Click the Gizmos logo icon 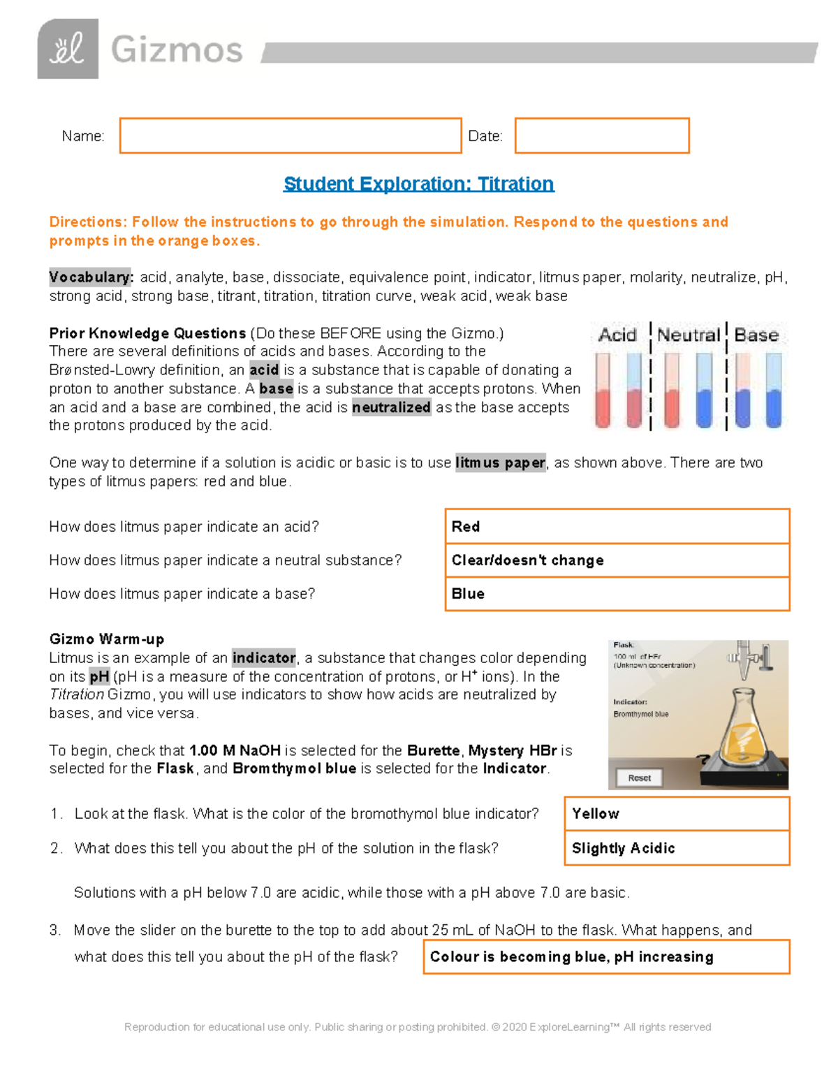coord(68,49)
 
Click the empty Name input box coord(291,136)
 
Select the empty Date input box coord(602,136)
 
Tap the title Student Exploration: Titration coord(418,184)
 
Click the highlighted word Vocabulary coord(91,277)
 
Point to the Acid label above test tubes coord(617,335)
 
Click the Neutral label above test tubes coord(688,335)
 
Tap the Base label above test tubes coord(756,335)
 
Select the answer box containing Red coord(617,527)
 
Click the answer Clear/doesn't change coord(617,560)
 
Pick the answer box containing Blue coord(617,594)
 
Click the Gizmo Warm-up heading coord(107,639)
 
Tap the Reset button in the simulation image coord(639,778)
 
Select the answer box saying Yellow coord(677,814)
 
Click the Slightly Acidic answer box coord(677,848)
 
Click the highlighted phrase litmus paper coord(500,463)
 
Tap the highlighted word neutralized coord(391,407)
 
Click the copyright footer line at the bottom coord(418,1027)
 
